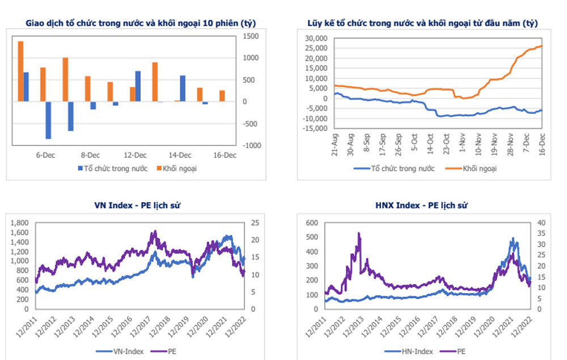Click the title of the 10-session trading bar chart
tap(141, 23)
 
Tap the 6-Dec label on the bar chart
tap(45, 155)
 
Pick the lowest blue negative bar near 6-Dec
tap(48, 120)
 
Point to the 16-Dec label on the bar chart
tap(225, 155)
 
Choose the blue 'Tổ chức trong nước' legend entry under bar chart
tap(112, 169)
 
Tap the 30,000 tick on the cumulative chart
tap(316, 39)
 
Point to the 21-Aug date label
tap(335, 144)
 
